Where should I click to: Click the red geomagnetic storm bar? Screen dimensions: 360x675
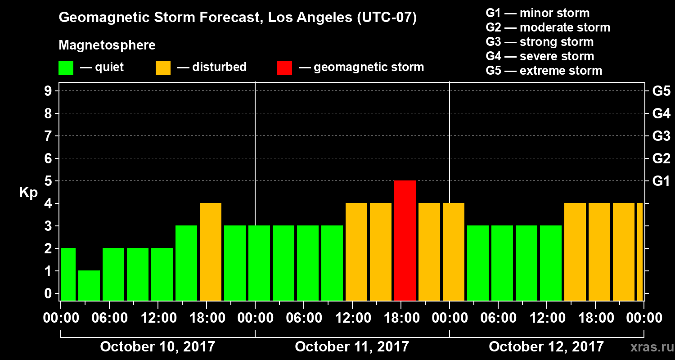[x=405, y=240]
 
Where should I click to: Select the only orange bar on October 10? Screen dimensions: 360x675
[x=211, y=252]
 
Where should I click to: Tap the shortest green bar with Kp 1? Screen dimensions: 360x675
[x=89, y=285]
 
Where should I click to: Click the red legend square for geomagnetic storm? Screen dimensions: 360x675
[x=284, y=67]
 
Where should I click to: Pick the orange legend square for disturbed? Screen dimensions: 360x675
[x=163, y=67]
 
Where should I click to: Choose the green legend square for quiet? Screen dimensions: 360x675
[x=66, y=67]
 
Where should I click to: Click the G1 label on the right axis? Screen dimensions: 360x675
[x=661, y=181]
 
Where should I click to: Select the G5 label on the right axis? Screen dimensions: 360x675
[x=661, y=91]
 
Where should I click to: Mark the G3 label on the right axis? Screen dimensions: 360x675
[x=661, y=136]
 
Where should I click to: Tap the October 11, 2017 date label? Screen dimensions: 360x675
[x=352, y=347]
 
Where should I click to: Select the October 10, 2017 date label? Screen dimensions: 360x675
[x=157, y=347]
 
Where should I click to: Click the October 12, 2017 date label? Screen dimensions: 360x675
[x=546, y=347]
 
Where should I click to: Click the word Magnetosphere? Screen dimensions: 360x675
[x=107, y=45]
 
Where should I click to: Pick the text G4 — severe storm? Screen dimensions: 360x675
[x=540, y=56]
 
